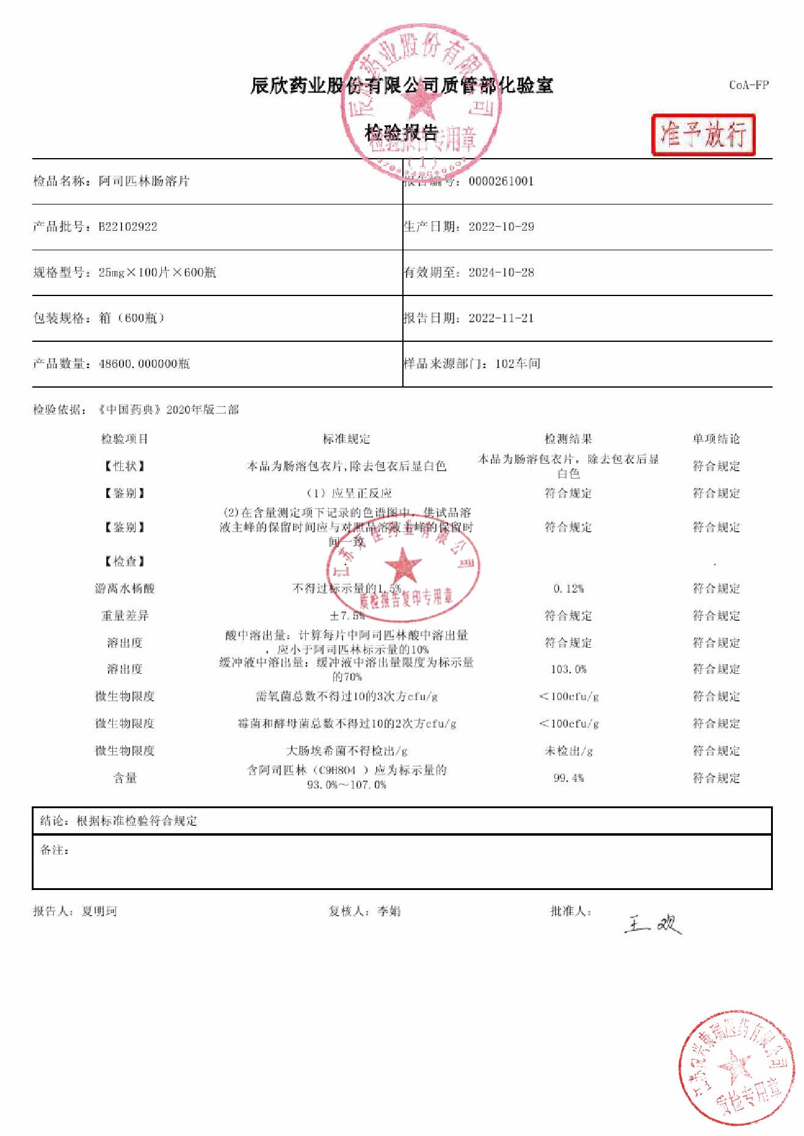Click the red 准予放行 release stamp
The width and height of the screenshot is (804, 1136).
(703, 134)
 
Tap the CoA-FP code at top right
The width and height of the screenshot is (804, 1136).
(748, 85)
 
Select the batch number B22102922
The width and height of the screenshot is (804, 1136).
(128, 227)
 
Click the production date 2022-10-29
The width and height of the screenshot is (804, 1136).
(501, 227)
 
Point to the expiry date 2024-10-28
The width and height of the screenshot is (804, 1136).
(501, 273)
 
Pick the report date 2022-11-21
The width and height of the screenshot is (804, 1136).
(501, 318)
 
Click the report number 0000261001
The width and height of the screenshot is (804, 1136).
(501, 181)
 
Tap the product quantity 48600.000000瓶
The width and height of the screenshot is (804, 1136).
(144, 364)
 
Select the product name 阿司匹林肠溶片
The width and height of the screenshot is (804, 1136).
(144, 181)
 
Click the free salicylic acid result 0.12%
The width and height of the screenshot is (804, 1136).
(568, 589)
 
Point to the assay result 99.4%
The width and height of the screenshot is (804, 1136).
(568, 778)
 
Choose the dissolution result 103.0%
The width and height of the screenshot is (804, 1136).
(568, 670)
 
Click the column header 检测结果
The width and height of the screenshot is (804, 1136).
(568, 439)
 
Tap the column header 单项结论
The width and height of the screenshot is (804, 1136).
(716, 439)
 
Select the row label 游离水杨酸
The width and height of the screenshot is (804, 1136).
(125, 589)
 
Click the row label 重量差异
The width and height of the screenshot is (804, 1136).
(125, 616)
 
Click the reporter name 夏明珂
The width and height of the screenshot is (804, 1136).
(100, 911)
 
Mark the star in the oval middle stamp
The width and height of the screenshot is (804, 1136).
(403, 565)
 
